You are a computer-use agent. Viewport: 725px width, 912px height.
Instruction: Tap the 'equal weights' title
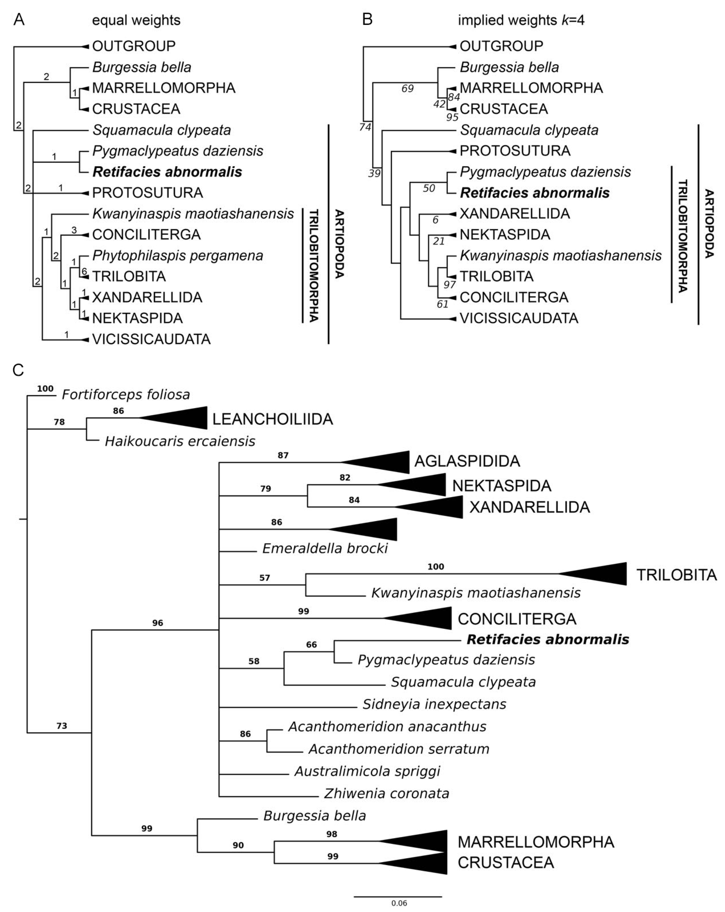point(136,20)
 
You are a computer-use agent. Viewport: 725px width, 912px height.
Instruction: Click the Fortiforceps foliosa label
point(126,395)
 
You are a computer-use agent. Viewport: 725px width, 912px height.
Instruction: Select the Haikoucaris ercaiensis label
point(180,441)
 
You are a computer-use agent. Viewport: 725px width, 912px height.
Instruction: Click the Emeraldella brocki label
point(325,548)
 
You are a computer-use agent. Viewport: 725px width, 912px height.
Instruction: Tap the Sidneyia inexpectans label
point(434,704)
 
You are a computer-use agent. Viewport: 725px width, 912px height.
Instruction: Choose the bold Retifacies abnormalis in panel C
point(547,639)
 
